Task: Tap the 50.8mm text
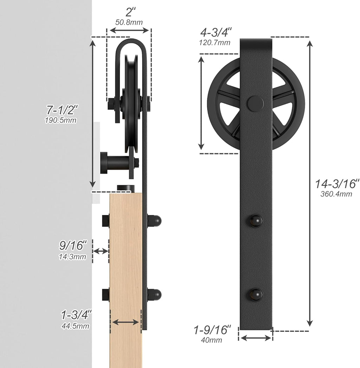(x=129, y=22)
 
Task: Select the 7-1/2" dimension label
(x=62, y=110)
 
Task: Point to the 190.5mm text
(x=60, y=120)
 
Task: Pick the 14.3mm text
(x=72, y=257)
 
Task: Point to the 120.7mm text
(x=215, y=43)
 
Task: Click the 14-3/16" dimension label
(x=337, y=183)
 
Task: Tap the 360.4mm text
(x=336, y=194)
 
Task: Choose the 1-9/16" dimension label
(x=212, y=330)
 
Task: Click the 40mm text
(x=211, y=340)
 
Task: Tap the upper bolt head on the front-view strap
(x=256, y=221)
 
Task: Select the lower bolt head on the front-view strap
(x=256, y=295)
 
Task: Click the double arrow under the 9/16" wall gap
(x=101, y=251)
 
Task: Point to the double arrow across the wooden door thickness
(x=126, y=322)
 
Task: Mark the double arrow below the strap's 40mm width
(x=256, y=338)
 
